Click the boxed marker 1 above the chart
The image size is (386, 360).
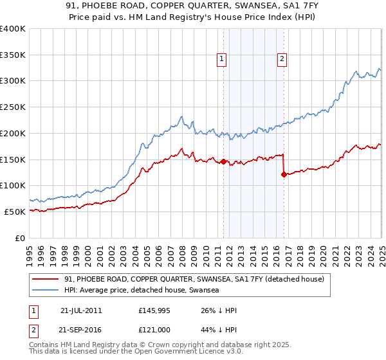point(222,60)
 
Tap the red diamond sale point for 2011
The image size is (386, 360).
point(223,161)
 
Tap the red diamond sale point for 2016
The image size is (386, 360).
point(284,174)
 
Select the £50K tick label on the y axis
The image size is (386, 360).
point(15,212)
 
